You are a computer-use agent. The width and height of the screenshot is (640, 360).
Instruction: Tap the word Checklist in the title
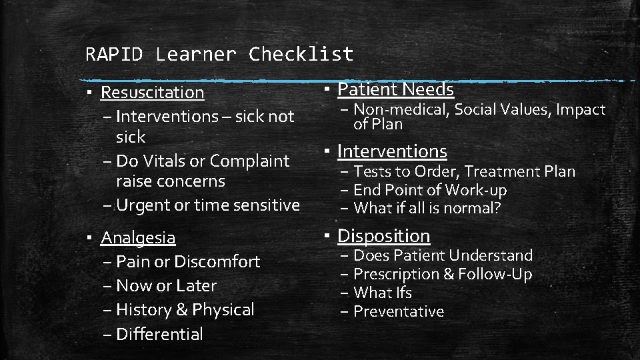pyautogui.click(x=301, y=54)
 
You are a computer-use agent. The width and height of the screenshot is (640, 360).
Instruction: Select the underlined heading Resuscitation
pyautogui.click(x=153, y=92)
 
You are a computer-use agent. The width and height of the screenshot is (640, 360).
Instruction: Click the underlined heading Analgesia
pyautogui.click(x=138, y=237)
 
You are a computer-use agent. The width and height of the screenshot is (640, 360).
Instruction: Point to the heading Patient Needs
pyautogui.click(x=395, y=89)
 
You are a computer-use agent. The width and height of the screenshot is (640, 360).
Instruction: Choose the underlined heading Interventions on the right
pyautogui.click(x=392, y=151)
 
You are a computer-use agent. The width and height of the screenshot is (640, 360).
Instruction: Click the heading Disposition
pyautogui.click(x=384, y=235)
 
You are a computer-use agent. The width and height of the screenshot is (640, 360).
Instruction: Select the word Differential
pyautogui.click(x=159, y=334)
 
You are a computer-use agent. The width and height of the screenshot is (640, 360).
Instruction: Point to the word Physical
pyautogui.click(x=223, y=310)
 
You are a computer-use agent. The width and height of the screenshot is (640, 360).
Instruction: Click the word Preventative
pyautogui.click(x=398, y=311)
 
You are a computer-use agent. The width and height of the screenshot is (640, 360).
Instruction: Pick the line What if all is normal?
pyautogui.click(x=427, y=208)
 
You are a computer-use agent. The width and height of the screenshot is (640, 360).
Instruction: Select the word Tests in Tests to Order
pyautogui.click(x=369, y=171)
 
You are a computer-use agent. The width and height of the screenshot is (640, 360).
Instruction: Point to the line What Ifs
pyautogui.click(x=383, y=293)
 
